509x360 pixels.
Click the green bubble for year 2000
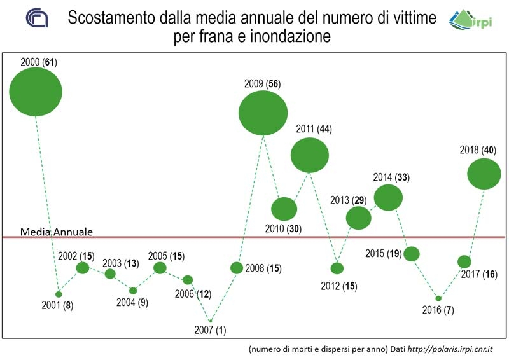[x=36, y=92]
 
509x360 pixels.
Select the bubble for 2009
[x=263, y=113]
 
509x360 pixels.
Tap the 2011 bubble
[x=310, y=155]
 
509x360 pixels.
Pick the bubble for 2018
[x=484, y=174]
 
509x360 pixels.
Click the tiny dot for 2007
[x=211, y=321]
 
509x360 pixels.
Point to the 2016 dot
[x=438, y=298]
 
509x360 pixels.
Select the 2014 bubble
[x=388, y=197]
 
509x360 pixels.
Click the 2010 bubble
[x=284, y=209]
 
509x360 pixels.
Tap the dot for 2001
[x=59, y=294]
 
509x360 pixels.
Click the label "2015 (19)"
[x=383, y=253]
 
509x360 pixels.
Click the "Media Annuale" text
[x=57, y=232]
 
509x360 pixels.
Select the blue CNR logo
[x=36, y=19]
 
